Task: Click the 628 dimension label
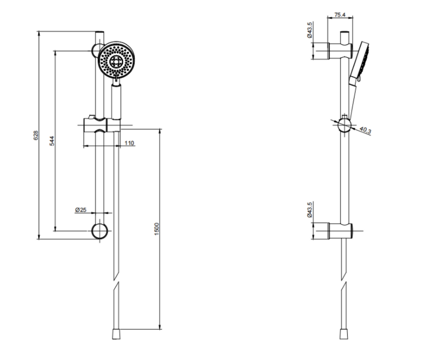coord(36,135)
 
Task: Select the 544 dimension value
coord(52,141)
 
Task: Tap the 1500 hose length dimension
coord(157,229)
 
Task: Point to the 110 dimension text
coord(129,143)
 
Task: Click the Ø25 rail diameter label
coord(81,210)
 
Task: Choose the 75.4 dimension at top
coord(340,15)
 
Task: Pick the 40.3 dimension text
coord(365,130)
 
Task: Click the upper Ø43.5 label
coord(310,30)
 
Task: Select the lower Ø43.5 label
coord(310,210)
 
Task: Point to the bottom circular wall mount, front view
coord(100,231)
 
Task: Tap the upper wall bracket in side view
coord(340,51)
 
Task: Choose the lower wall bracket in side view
coord(340,231)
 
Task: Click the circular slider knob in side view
coord(344,125)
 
